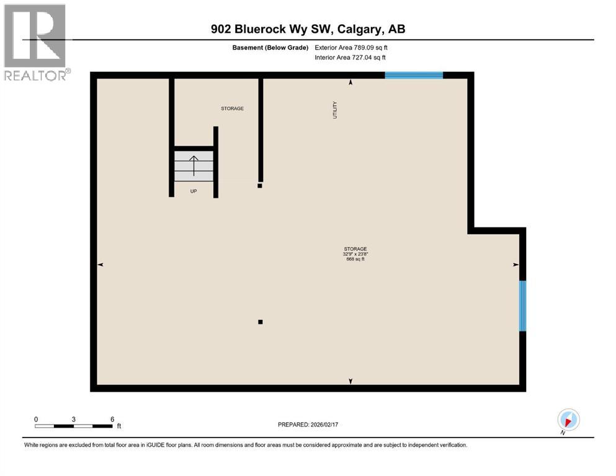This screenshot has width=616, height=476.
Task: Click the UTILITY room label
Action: [335, 110]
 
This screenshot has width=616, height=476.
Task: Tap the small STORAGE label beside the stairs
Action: [232, 108]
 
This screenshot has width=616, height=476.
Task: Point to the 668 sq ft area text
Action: [355, 259]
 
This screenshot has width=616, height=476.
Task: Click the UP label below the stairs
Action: [194, 192]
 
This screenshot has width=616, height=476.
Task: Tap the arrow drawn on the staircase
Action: [194, 166]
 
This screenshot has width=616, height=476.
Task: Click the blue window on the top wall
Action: [414, 76]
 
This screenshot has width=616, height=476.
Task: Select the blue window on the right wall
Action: [522, 306]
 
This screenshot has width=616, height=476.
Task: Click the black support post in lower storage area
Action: [261, 322]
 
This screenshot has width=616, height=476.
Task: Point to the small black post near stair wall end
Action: [260, 185]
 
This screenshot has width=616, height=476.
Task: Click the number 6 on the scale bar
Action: [112, 419]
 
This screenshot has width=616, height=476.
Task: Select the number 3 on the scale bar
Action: [74, 419]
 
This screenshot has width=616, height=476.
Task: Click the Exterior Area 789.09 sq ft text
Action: [351, 47]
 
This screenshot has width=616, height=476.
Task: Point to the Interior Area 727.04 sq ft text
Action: [350, 58]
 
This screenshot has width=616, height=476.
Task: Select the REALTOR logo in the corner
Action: [35, 42]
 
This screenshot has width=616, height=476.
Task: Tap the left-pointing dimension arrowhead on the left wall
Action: [100, 265]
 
